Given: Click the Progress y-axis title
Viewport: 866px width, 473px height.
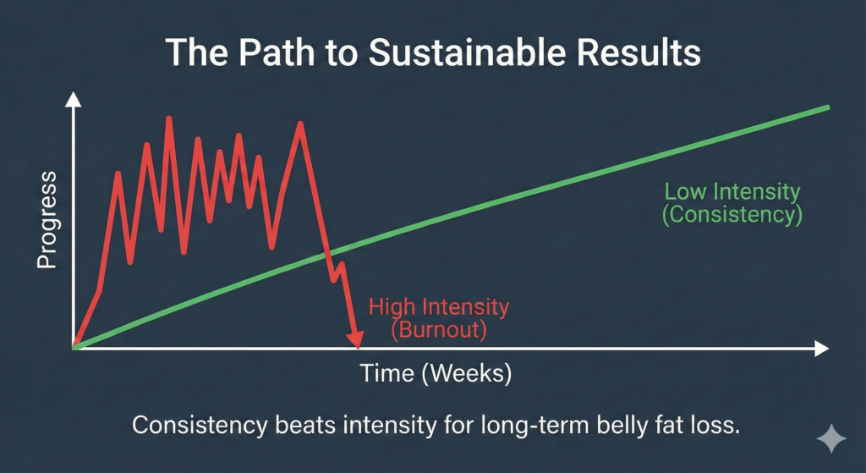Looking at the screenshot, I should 47,220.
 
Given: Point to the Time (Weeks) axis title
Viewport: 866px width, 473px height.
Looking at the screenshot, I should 436,373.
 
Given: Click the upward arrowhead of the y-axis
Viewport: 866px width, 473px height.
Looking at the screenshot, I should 74,101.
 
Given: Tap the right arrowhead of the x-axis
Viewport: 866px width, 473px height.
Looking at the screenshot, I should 819,348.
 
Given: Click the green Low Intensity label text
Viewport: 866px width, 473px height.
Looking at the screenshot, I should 732,191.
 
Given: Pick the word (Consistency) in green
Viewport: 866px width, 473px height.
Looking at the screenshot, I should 732,215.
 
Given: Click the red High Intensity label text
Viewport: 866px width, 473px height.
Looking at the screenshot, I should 439,306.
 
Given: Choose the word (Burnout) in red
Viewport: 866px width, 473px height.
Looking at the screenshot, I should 439,330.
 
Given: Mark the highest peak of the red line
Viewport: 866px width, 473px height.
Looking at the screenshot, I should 169,118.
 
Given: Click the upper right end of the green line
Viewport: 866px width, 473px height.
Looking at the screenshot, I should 827,107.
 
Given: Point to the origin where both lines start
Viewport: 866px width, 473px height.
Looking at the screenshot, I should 75,347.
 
